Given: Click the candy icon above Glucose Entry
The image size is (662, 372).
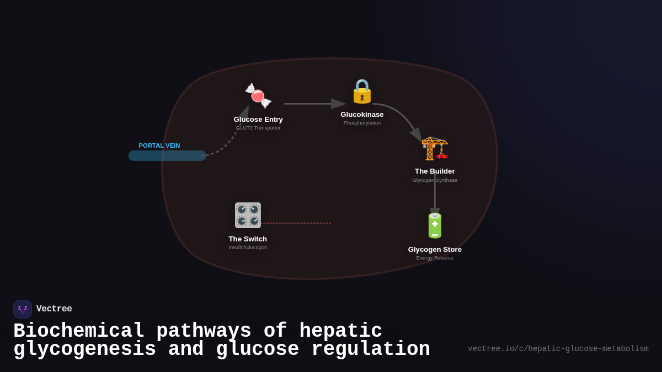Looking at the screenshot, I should tap(258, 96).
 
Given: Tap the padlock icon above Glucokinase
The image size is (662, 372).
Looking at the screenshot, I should tap(362, 91).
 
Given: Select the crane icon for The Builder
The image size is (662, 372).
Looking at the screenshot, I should tap(435, 148).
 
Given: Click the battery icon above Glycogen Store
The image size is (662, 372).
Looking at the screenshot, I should tap(435, 225).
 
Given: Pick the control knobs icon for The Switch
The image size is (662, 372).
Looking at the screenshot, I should tap(248, 215).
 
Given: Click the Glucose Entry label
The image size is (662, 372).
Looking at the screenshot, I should tap(258, 120).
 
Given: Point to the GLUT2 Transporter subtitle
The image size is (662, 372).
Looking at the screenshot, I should tap(258, 128).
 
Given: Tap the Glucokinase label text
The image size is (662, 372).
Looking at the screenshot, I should tap(362, 115).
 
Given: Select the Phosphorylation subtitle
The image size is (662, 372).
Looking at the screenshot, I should tap(362, 123).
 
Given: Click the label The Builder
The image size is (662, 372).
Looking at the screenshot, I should tap(435, 171).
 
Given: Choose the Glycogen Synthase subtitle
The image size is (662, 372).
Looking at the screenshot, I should tap(435, 180).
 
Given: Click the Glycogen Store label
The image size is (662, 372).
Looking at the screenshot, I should tap(435, 250).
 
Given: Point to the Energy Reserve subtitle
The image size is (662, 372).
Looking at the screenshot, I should tap(435, 258).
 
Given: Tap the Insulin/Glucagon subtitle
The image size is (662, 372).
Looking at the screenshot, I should tap(248, 247).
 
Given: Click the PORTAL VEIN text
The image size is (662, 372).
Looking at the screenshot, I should tap(159, 145).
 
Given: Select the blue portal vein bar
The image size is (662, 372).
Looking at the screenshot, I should tap(167, 156).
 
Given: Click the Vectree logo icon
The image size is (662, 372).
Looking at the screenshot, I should tap(23, 309).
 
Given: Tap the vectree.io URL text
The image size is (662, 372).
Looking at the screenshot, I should tap(558, 349).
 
